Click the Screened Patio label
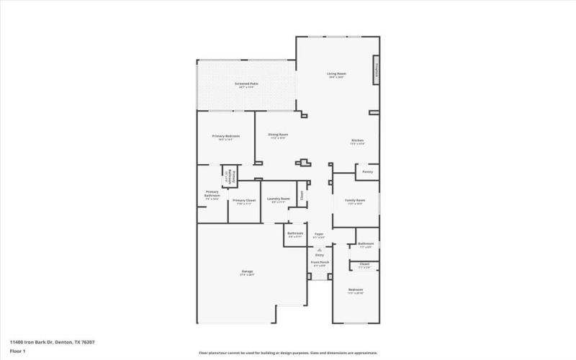click(x=246, y=84)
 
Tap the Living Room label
click(x=336, y=74)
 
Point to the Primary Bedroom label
click(x=225, y=136)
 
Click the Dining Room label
click(x=278, y=135)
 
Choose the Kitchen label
click(x=357, y=140)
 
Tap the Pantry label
click(x=367, y=172)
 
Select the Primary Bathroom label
click(x=212, y=193)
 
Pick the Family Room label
click(x=355, y=200)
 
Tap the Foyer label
click(x=319, y=234)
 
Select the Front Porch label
click(x=320, y=262)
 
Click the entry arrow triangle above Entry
click(x=320, y=249)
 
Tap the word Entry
click(x=320, y=255)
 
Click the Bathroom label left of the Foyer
click(x=295, y=233)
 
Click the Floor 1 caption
click(x=17, y=351)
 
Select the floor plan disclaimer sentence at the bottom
click(x=288, y=353)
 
